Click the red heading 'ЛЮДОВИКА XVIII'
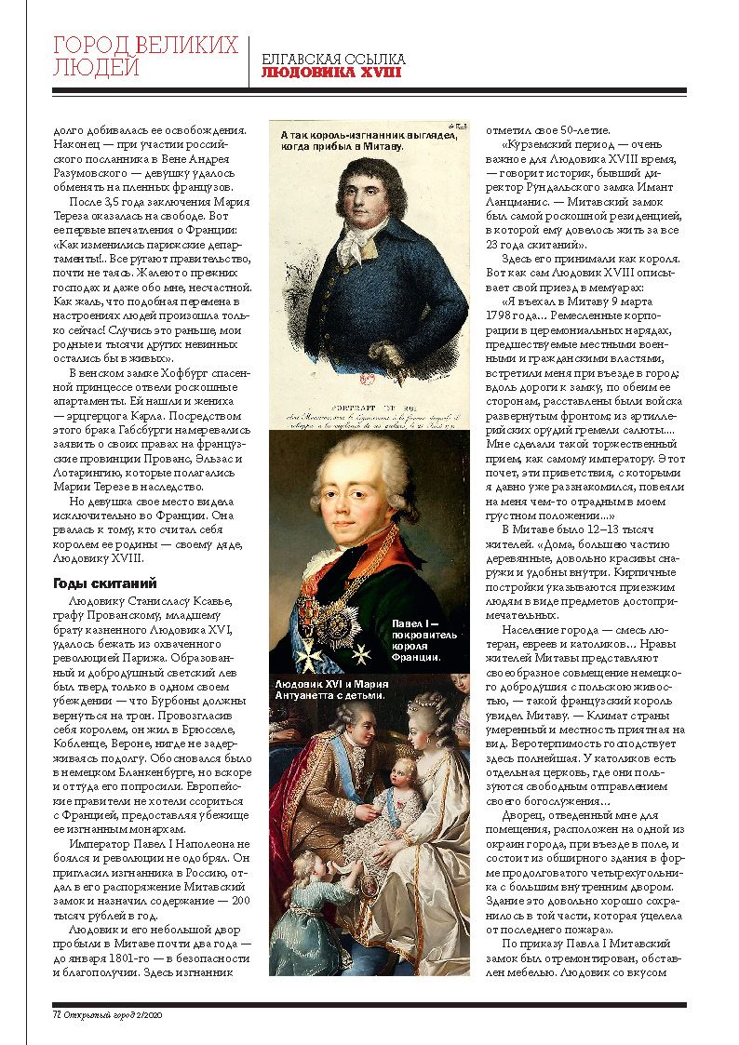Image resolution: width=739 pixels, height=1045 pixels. click(x=330, y=72)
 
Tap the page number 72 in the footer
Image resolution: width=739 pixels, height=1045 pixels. click(x=56, y=1015)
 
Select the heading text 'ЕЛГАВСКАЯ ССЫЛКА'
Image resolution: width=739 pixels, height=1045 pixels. click(x=332, y=59)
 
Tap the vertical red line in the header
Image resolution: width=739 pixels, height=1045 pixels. click(x=249, y=62)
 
